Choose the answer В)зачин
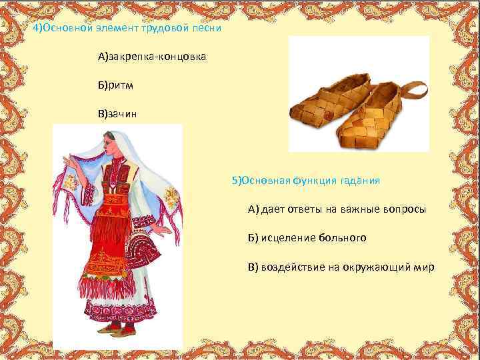pyautogui.click(x=119, y=113)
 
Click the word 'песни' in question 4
pyautogui.click(x=206, y=30)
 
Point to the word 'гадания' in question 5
pyautogui.click(x=361, y=181)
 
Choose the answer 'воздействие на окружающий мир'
pyautogui.click(x=341, y=267)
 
